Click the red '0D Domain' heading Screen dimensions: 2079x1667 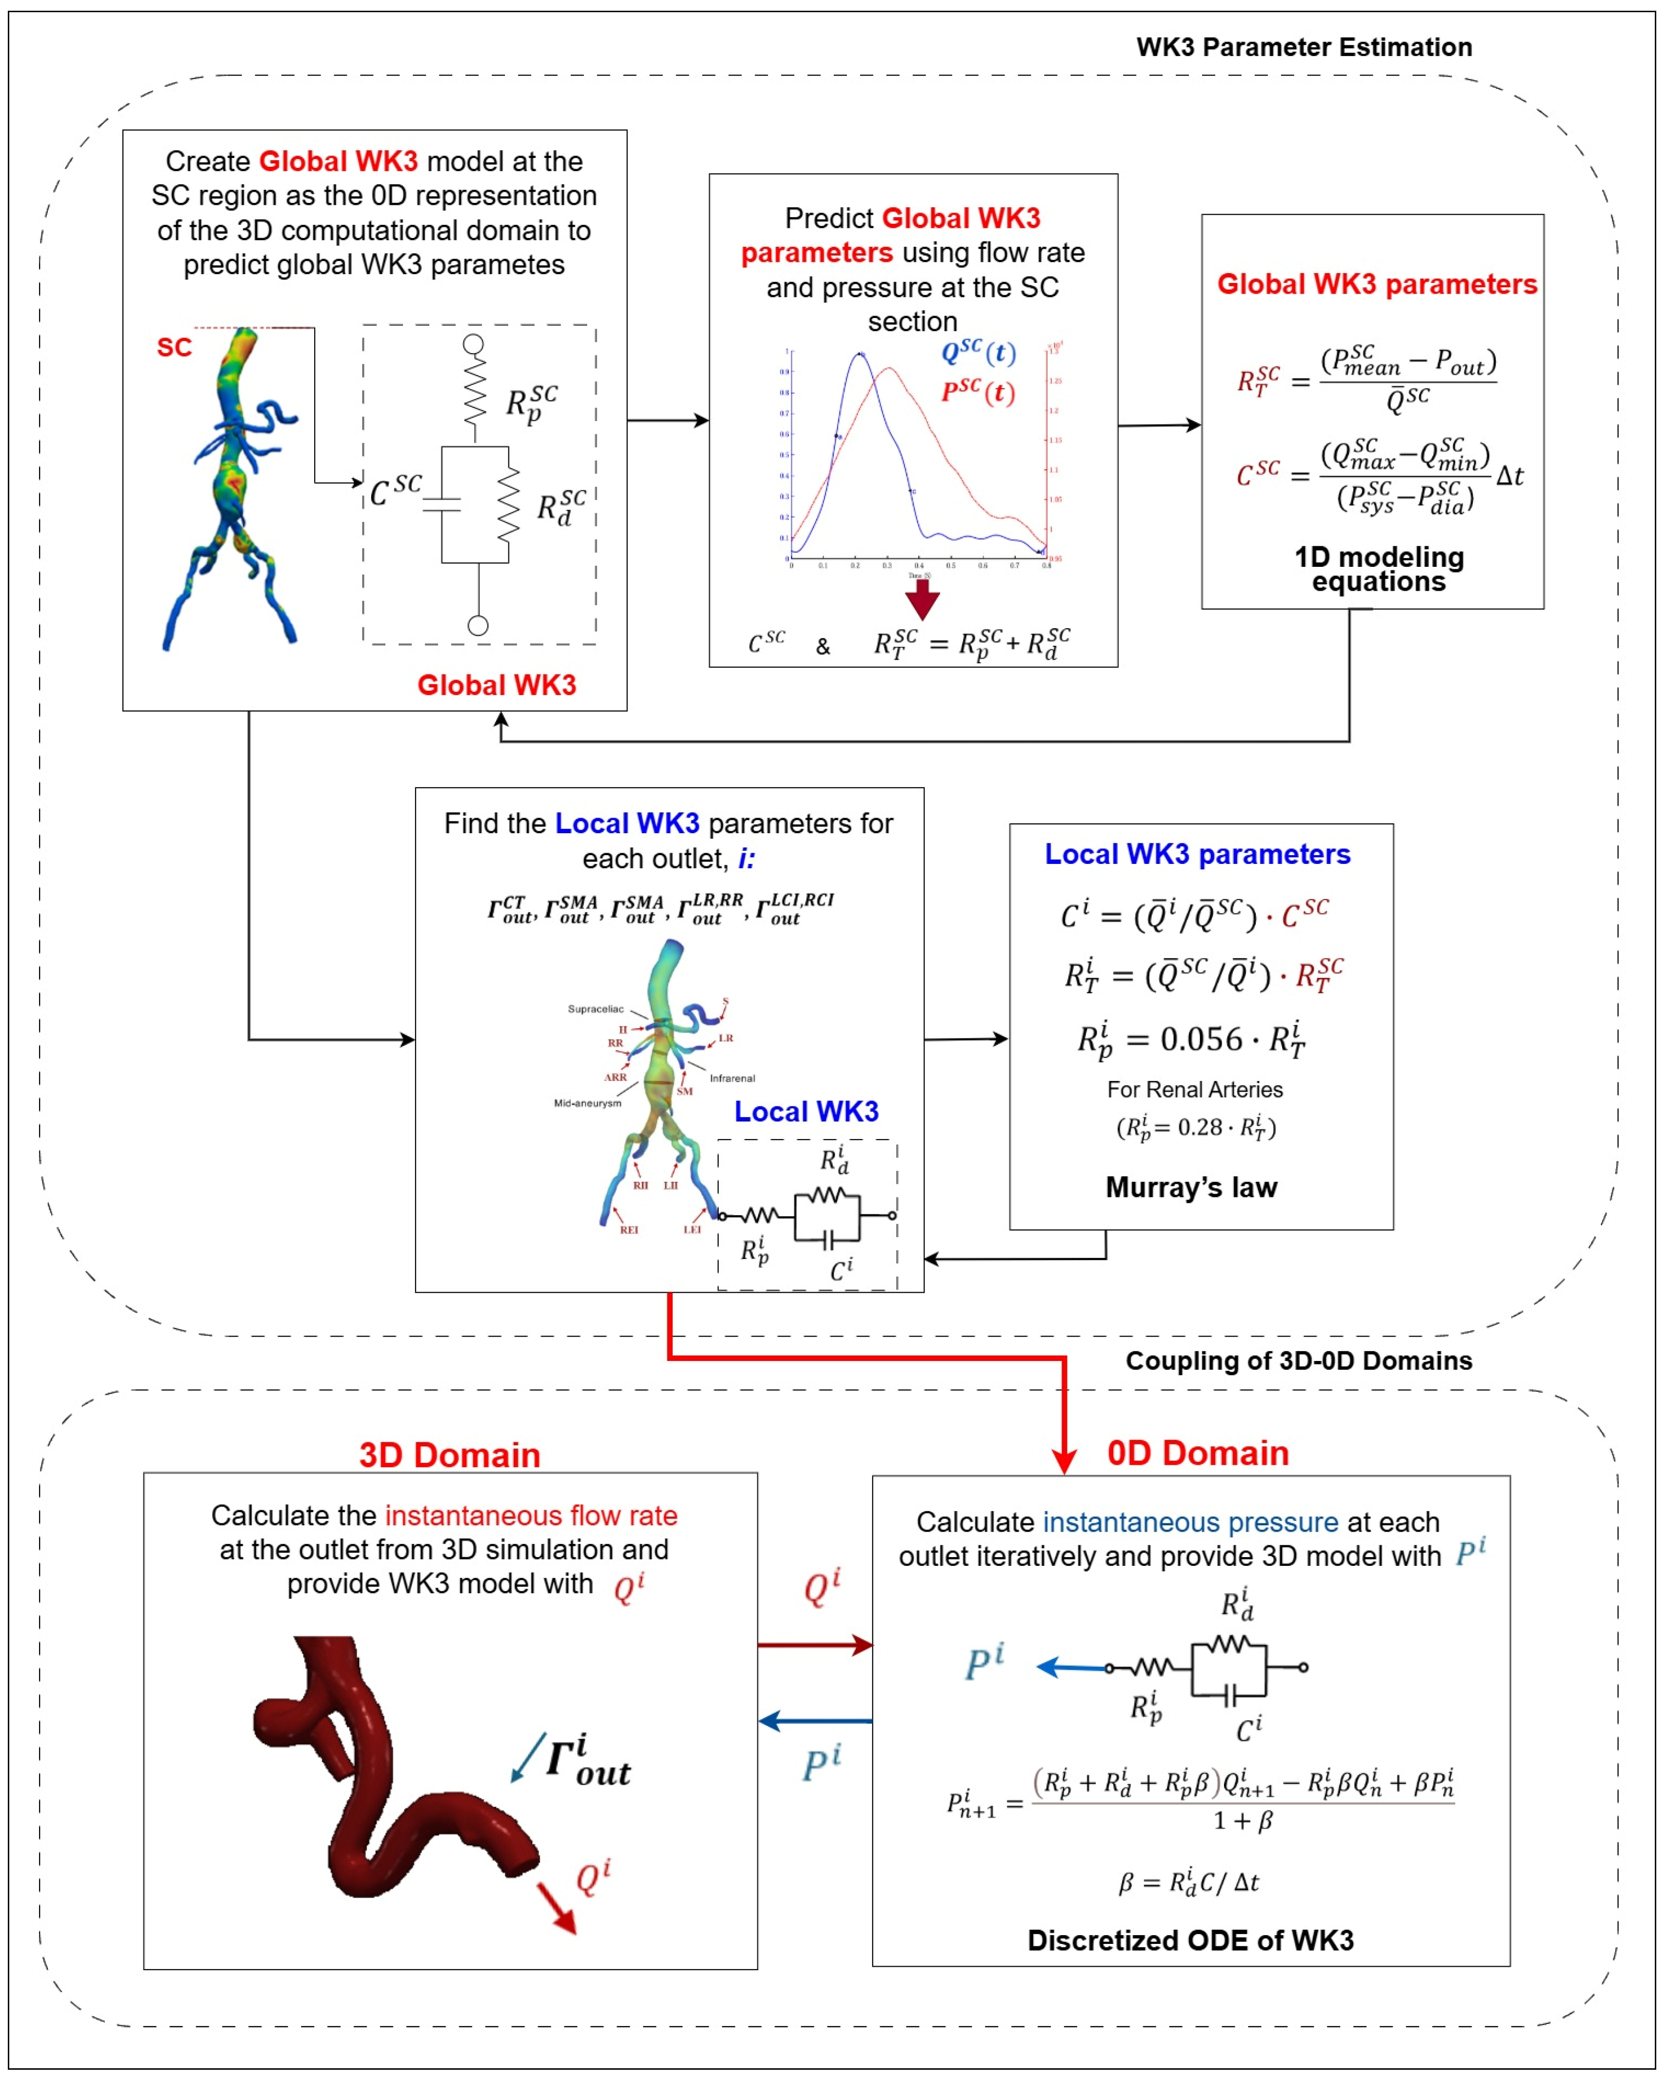point(1198,1453)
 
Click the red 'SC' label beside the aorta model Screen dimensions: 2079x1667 point(175,347)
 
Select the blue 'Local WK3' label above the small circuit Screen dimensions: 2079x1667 point(806,1112)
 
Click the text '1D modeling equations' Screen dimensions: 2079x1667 point(1379,569)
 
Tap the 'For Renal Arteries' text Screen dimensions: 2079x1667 point(1195,1090)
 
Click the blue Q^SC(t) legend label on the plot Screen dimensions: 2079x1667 point(978,353)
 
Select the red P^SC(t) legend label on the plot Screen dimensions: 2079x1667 point(978,393)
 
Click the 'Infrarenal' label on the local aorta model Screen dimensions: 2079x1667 point(732,1078)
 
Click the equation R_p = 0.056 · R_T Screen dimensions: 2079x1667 point(1191,1040)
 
